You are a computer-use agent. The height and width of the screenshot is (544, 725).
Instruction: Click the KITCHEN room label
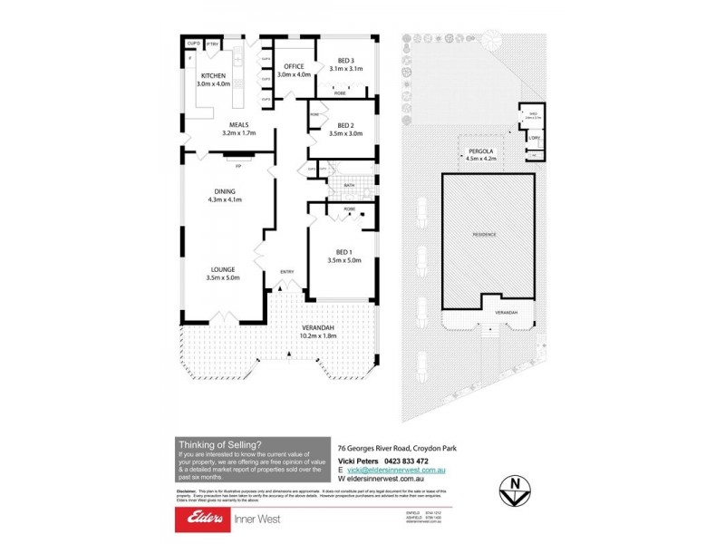click(x=213, y=75)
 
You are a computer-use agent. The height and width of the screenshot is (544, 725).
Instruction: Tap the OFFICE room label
click(x=294, y=66)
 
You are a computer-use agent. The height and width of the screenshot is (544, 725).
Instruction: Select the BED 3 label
click(x=344, y=60)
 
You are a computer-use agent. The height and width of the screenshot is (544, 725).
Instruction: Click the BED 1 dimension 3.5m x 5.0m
click(x=344, y=261)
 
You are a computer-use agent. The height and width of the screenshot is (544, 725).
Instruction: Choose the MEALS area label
click(x=238, y=125)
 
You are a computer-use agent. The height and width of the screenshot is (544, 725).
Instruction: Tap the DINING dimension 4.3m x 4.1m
click(x=226, y=200)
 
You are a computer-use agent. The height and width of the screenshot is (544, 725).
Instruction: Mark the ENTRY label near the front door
click(x=287, y=271)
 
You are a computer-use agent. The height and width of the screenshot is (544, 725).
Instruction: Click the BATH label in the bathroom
click(x=350, y=186)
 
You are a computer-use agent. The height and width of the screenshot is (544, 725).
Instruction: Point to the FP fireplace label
click(x=238, y=167)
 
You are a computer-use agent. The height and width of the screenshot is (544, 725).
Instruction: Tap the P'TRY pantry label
click(x=211, y=44)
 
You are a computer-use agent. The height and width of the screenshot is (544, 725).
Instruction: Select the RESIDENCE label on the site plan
click(x=484, y=235)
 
